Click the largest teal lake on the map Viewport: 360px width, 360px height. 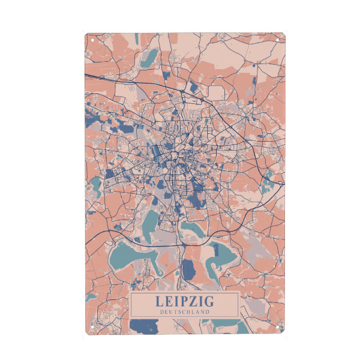click(132, 255)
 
